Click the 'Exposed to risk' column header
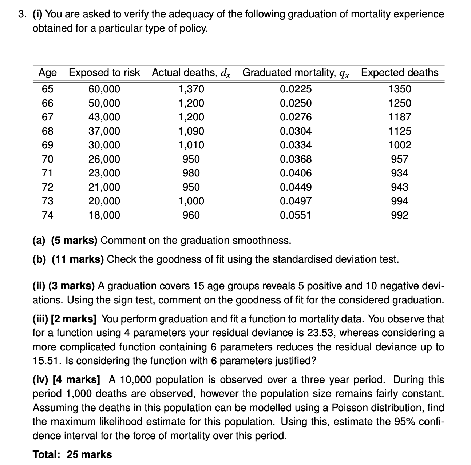[104, 73]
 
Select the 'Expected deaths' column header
[400, 73]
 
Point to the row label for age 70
[48, 159]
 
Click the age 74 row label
[48, 215]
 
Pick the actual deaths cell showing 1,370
[191, 89]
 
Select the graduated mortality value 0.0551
[296, 215]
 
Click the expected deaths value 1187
[400, 117]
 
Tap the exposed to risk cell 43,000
[104, 117]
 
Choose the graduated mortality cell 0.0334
[296, 145]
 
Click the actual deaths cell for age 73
[191, 201]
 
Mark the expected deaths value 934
[400, 173]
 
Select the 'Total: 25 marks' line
[72, 455]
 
